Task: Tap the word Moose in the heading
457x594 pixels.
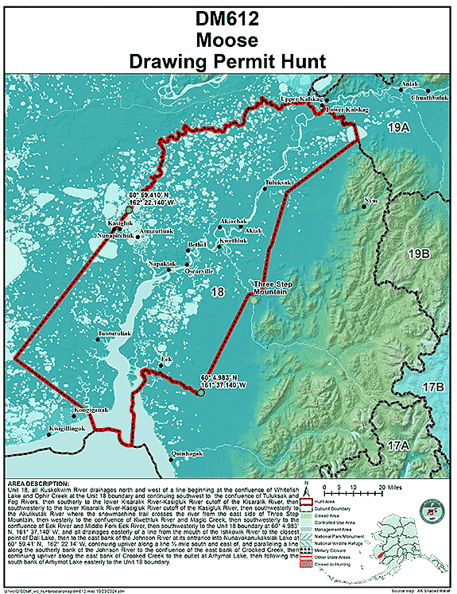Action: [228, 40]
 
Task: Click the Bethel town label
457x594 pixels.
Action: [196, 245]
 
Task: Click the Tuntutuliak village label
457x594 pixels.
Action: [116, 334]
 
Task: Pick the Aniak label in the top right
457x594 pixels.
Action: [409, 83]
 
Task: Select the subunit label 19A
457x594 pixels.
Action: [397, 127]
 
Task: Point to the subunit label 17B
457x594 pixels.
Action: [433, 387]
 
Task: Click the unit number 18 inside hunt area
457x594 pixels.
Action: [217, 294]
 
